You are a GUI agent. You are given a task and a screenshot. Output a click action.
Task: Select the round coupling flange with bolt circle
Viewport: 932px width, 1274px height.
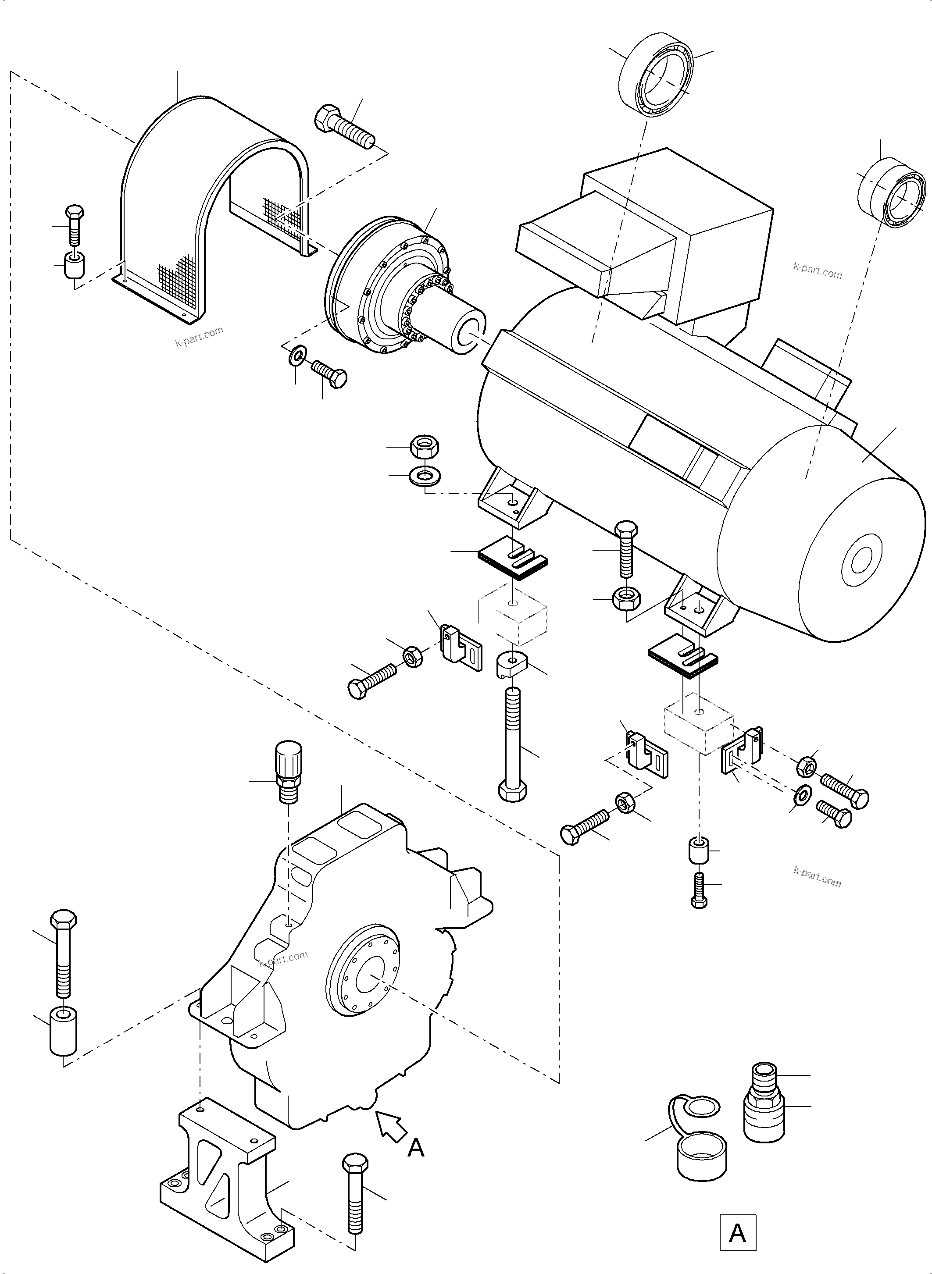pyautogui.click(x=389, y=293)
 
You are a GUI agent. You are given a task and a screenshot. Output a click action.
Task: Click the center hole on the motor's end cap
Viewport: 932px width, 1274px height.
pyautogui.click(x=861, y=560)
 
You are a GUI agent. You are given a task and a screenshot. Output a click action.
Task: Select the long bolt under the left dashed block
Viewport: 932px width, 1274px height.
pyautogui.click(x=512, y=744)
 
